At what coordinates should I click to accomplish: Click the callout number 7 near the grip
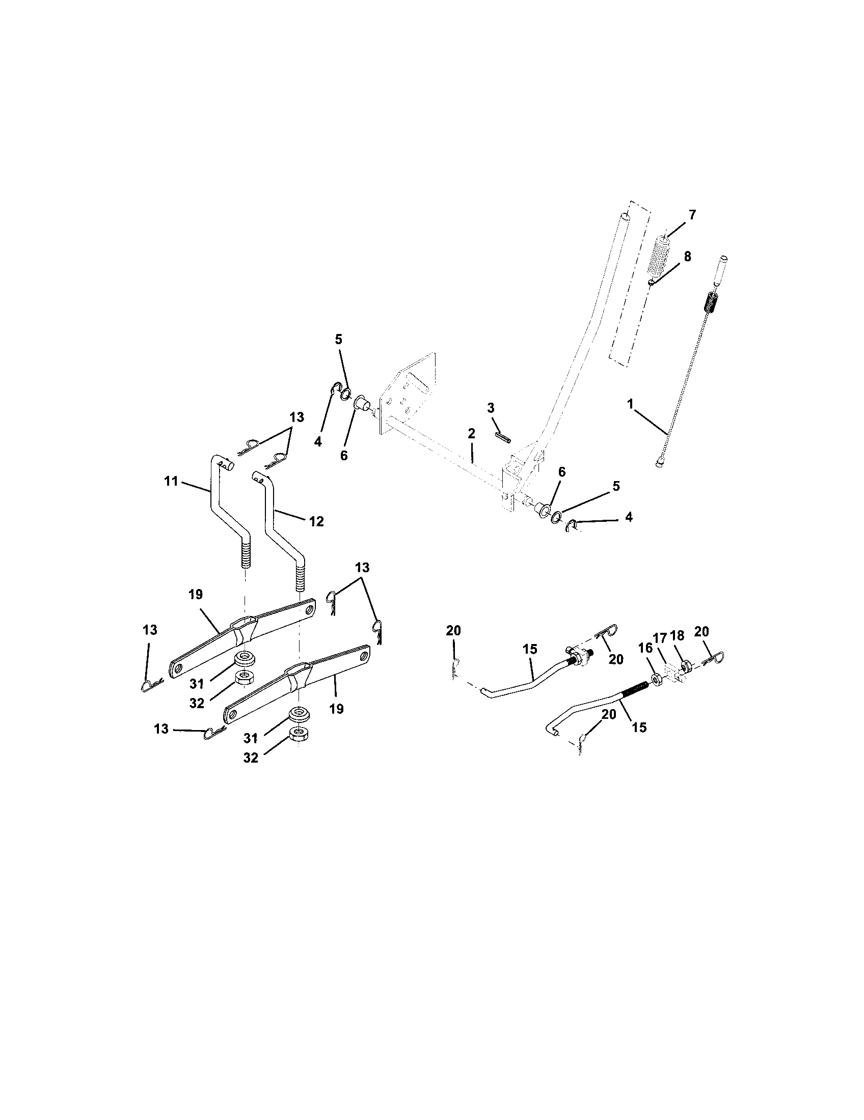click(x=692, y=215)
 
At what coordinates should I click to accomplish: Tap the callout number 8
click(x=687, y=257)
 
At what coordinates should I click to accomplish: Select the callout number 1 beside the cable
click(x=630, y=404)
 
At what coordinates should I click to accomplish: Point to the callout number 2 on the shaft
click(x=472, y=434)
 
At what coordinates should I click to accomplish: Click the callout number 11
click(x=171, y=481)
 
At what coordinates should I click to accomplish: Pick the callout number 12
click(x=316, y=521)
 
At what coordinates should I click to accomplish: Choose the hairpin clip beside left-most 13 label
click(x=152, y=684)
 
